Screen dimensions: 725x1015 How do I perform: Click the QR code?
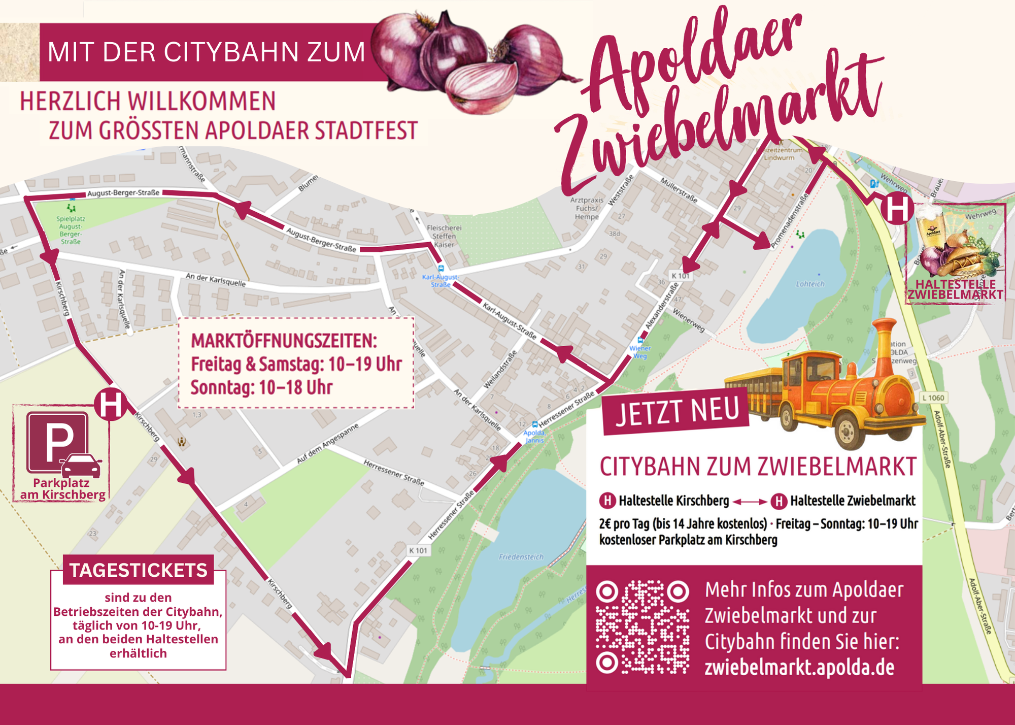(642, 627)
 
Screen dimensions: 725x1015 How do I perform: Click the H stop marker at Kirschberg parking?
(110, 405)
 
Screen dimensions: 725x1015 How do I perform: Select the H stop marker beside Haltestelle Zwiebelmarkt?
(897, 208)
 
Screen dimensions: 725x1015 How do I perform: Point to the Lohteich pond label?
(810, 284)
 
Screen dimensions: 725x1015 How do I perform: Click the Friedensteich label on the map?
(521, 557)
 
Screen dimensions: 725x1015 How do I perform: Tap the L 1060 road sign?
(933, 398)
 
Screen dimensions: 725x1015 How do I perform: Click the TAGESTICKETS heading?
(138, 570)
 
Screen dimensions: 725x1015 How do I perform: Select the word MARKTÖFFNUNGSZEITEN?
(284, 341)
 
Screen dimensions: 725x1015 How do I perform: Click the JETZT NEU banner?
(676, 411)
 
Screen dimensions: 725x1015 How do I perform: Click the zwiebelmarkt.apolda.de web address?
(799, 667)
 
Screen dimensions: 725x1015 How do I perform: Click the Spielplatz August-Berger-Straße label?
(71, 230)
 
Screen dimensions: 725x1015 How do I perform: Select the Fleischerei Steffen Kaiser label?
(444, 236)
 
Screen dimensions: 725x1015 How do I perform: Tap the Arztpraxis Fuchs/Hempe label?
(587, 208)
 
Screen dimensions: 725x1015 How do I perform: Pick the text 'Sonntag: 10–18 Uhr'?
(261, 387)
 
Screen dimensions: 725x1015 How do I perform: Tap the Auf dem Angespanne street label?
(327, 443)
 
